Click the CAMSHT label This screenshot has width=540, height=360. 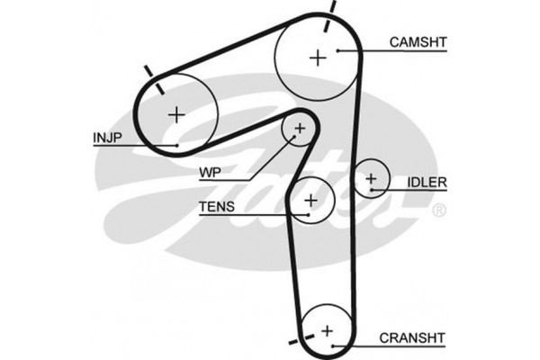(x=418, y=41)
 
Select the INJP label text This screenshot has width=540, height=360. (x=108, y=138)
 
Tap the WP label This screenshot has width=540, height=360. (x=211, y=170)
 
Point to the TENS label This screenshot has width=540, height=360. (x=216, y=208)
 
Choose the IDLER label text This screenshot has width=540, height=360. (x=427, y=183)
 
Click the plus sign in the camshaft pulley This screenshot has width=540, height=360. (x=317, y=58)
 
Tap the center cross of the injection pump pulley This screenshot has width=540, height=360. (x=176, y=114)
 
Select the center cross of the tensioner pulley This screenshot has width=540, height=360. (x=311, y=200)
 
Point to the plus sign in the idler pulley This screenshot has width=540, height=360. (x=370, y=178)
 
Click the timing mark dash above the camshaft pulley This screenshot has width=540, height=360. (x=332, y=8)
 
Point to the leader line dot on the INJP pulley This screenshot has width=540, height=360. (x=178, y=144)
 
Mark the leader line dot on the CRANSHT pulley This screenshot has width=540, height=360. (x=334, y=346)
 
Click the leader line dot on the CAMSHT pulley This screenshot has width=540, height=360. (x=337, y=51)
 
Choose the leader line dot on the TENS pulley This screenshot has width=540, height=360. (x=308, y=215)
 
